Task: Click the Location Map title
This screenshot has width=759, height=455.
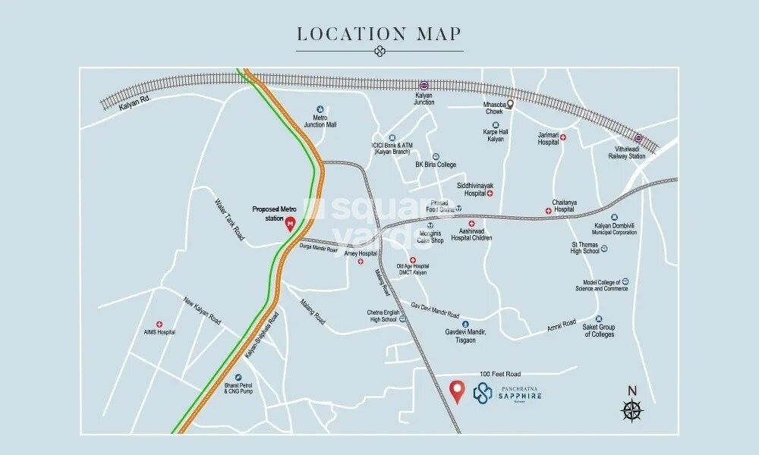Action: pos(379,34)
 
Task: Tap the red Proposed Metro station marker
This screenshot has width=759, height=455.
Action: pos(289,224)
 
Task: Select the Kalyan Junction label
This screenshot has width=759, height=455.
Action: pos(424,99)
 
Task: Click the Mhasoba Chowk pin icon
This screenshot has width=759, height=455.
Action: pos(511,105)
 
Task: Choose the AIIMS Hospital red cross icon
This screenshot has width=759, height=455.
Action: pos(159,324)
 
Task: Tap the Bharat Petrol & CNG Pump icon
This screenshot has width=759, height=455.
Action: pos(238,378)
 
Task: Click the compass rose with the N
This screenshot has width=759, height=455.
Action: pos(631,407)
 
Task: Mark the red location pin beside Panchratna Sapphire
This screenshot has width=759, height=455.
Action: pos(456,391)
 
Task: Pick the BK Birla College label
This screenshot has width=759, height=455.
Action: pos(436,165)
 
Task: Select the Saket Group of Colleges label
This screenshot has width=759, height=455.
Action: pos(599,331)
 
